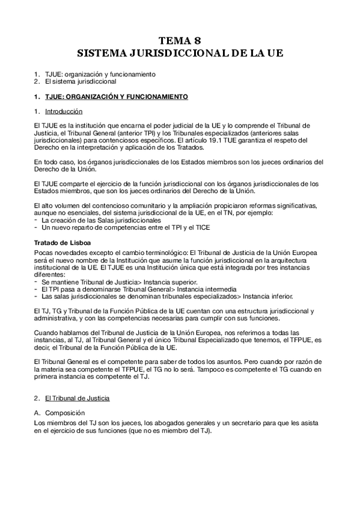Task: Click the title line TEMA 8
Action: pyautogui.click(x=180, y=41)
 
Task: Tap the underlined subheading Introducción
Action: pyautogui.click(x=64, y=111)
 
